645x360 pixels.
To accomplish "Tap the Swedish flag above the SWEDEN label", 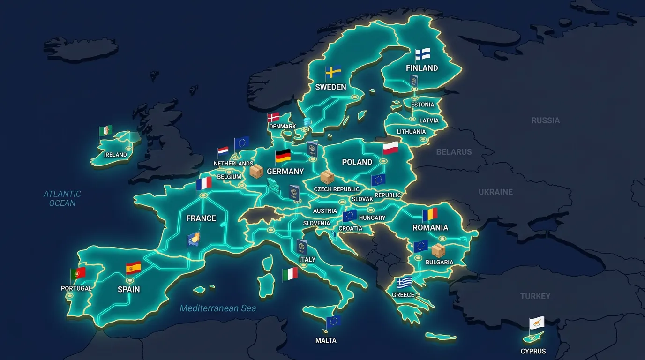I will point(333,72).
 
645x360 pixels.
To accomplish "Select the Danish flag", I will point(273,117).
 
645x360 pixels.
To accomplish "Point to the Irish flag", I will point(106,131).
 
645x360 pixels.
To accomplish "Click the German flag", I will point(283,156).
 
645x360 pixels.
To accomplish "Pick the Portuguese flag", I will point(78,273).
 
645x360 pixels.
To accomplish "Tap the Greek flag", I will point(404,283).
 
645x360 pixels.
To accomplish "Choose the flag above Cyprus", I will point(537,323).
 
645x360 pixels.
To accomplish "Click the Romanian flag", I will point(430,215).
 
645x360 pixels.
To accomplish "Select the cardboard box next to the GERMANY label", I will point(256,171).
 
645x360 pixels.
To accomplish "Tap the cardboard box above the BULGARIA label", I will point(438,250).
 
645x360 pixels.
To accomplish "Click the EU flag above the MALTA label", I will point(333,321).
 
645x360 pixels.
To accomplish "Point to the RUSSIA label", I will point(545,120).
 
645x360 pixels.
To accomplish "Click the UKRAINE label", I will point(495,192).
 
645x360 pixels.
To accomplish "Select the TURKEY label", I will point(535,296).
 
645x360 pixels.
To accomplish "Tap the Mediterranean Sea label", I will point(218,308).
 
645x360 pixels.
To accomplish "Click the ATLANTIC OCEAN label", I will point(62,198).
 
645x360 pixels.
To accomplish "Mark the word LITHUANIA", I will point(411,132).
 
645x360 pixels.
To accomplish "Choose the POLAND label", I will point(357,162).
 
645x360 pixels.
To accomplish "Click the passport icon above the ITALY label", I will point(302,247).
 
